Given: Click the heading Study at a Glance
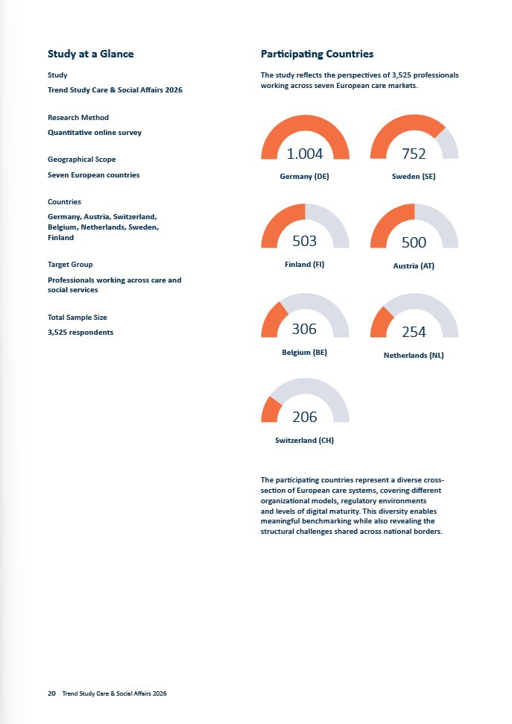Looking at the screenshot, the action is tap(90, 54).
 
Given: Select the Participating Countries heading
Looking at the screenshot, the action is tap(317, 54).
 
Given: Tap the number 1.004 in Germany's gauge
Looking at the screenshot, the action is tap(305, 154).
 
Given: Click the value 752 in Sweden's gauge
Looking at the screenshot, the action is tap(414, 154).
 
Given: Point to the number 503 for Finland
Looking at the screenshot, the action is tap(305, 241).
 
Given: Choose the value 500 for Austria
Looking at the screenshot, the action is tap(414, 242).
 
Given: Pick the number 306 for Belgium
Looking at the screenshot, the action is tap(304, 329).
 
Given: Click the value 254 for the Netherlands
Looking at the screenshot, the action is tap(414, 332).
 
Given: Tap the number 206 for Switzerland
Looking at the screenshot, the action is tap(305, 417).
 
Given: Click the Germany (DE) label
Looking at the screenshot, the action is tap(305, 177).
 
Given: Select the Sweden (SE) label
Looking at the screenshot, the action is tap(414, 177).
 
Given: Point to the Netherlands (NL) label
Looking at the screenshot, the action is tap(414, 355).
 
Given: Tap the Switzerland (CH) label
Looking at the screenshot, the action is tap(305, 441).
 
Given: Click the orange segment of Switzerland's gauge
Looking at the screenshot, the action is tap(271, 409).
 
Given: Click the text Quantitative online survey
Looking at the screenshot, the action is tap(95, 133).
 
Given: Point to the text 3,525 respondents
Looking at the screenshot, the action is tap(80, 333).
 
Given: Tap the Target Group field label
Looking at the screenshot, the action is tap(70, 265).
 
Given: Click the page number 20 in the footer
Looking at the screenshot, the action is tap(51, 693).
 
